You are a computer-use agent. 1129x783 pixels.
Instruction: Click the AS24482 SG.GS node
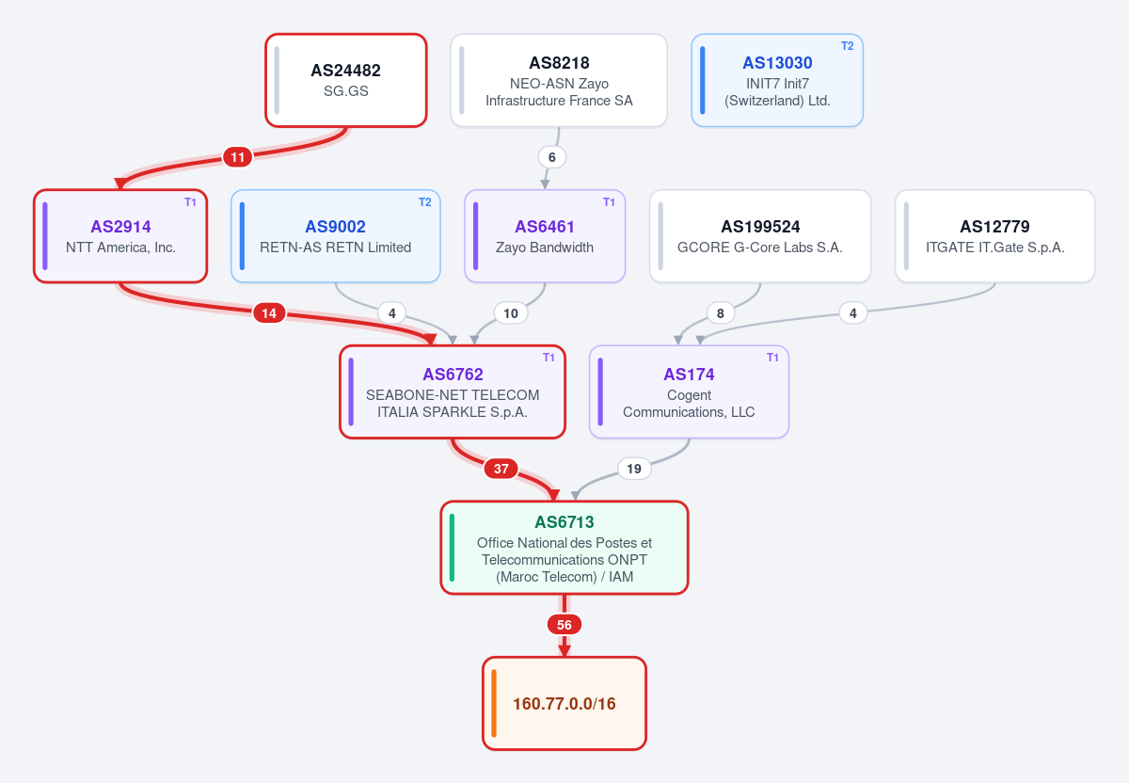point(346,81)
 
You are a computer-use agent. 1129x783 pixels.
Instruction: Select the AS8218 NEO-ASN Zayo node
point(559,81)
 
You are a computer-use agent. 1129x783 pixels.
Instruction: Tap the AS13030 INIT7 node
point(777,81)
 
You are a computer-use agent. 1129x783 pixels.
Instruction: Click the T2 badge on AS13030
point(848,46)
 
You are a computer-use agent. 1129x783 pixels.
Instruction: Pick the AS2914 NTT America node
point(120,236)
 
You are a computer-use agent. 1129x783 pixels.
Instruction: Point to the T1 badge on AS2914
point(190,202)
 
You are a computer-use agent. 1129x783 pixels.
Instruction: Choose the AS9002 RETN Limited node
point(336,236)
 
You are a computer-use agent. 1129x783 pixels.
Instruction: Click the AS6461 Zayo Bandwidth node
point(545,236)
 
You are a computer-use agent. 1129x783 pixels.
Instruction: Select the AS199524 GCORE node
point(760,236)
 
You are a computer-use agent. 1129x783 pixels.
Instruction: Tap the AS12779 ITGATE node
point(995,236)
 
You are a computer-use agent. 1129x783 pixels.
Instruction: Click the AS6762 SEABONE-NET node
point(453,391)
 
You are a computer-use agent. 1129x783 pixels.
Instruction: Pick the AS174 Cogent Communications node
point(689,391)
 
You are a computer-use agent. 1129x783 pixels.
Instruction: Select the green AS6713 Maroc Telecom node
point(564,548)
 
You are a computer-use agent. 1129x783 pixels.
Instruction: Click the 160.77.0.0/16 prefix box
point(564,703)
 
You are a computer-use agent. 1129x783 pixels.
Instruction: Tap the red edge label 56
point(564,625)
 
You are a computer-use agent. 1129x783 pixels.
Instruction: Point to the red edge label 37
point(501,469)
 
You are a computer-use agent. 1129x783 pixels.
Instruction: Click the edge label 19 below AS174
point(634,469)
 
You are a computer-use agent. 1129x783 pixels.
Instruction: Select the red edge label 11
point(237,157)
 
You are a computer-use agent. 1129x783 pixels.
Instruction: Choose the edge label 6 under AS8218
point(552,157)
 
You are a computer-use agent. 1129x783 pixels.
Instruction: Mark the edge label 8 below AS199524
point(721,313)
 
